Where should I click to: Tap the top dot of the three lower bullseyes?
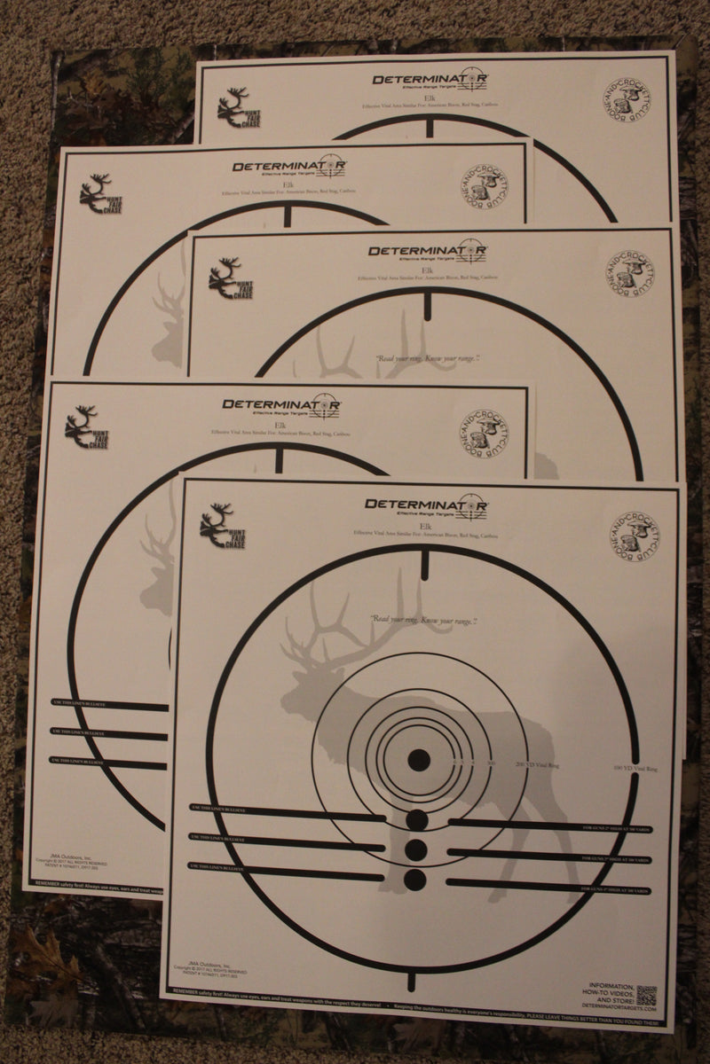pyautogui.click(x=414, y=819)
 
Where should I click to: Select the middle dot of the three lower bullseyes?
pyautogui.click(x=414, y=849)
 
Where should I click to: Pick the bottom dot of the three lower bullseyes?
pyautogui.click(x=414, y=880)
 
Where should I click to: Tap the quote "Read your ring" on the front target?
pyautogui.click(x=422, y=621)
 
